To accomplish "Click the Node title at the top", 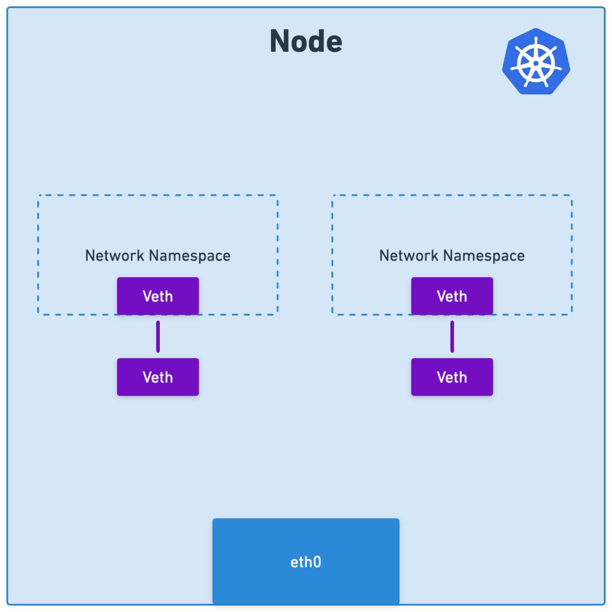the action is (x=306, y=41).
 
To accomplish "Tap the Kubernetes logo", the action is (x=536, y=61).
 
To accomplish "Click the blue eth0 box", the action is (x=306, y=561).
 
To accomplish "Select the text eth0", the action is (x=306, y=562).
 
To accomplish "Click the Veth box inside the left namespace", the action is (x=158, y=296).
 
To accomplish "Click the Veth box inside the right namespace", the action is (x=452, y=296).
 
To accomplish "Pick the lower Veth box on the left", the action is (x=158, y=377).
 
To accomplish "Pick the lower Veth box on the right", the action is (x=452, y=377).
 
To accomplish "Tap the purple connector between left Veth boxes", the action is (x=158, y=337).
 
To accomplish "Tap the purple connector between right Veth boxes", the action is (x=452, y=337).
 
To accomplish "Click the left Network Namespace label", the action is (x=158, y=256).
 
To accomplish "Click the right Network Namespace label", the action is (x=452, y=256).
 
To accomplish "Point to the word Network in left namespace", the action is (x=115, y=255).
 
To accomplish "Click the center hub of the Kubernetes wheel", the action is (x=536, y=63).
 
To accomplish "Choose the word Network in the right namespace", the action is (x=409, y=255).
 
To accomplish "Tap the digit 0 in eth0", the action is (x=317, y=562).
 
